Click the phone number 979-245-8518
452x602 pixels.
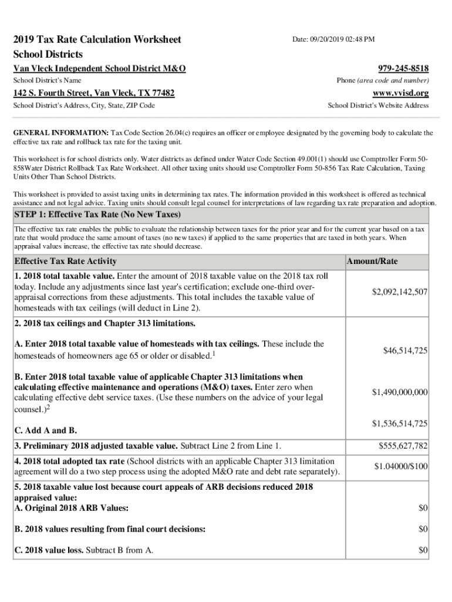(x=404, y=68)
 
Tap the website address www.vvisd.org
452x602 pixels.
(x=401, y=93)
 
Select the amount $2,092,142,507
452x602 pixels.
(x=400, y=292)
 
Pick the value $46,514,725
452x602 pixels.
(x=405, y=350)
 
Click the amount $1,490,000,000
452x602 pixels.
(x=400, y=392)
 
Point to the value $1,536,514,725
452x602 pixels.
(x=400, y=423)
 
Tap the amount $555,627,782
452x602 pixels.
(x=402, y=446)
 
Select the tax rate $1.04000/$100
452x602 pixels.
(x=402, y=466)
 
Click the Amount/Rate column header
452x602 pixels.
(x=372, y=261)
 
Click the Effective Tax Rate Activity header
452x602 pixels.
(x=65, y=261)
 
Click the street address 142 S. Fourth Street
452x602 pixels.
(x=52, y=93)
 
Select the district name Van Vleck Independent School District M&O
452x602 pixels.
(x=100, y=69)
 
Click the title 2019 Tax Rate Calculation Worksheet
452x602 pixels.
(x=97, y=40)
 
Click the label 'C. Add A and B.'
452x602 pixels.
(x=45, y=432)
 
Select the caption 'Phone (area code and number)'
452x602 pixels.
(x=383, y=80)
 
